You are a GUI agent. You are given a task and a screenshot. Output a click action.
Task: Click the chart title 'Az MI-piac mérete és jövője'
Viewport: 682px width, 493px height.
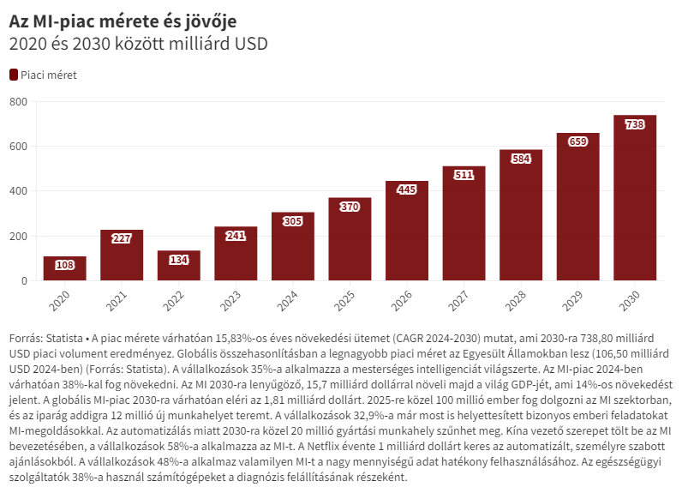[123, 19]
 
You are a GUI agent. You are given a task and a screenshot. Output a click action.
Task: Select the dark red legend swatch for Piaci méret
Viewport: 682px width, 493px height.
[13, 75]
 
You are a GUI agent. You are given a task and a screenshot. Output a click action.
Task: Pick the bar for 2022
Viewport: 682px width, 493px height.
[179, 266]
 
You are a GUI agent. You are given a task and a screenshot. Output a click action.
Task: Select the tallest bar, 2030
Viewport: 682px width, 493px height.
[635, 198]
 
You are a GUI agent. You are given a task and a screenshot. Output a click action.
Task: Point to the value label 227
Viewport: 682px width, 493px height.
[122, 239]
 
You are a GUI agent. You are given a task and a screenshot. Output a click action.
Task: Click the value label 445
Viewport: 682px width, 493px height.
[407, 189]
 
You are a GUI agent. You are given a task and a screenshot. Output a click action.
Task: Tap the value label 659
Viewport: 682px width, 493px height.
[578, 141]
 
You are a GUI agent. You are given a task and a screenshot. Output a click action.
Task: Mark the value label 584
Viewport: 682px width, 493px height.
[521, 159]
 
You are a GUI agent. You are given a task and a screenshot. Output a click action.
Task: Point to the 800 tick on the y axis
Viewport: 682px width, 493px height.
[19, 102]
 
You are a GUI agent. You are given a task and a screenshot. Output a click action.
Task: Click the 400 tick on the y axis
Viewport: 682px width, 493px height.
[19, 191]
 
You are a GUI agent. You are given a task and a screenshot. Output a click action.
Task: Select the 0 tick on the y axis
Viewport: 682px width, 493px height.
[24, 281]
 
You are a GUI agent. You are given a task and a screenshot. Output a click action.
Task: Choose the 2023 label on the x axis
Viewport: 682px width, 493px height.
[231, 300]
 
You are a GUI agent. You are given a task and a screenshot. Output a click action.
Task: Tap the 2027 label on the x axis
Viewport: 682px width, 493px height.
[459, 300]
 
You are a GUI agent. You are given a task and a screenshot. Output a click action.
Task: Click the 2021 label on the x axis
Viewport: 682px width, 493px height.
[117, 300]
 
